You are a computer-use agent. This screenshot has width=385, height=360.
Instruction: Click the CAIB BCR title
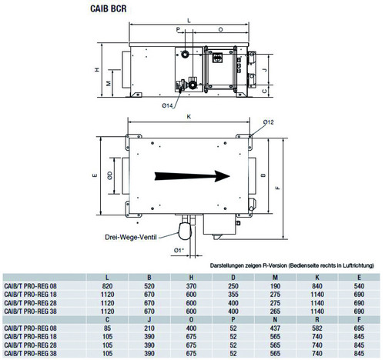[109, 8]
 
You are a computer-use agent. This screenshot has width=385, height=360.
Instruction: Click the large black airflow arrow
[192, 176]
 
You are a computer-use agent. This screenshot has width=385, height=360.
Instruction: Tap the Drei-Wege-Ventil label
[131, 237]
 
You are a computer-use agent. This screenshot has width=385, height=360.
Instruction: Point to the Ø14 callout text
[167, 105]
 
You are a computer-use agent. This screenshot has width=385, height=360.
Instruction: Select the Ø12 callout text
[268, 122]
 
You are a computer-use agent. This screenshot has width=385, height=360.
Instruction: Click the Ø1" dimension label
[179, 250]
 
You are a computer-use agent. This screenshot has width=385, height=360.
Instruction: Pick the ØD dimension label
[110, 175]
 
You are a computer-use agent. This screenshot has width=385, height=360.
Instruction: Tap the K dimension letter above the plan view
[189, 117]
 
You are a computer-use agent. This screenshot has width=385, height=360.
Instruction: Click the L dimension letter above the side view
[189, 21]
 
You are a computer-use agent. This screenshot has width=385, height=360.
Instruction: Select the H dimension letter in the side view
[97, 69]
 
